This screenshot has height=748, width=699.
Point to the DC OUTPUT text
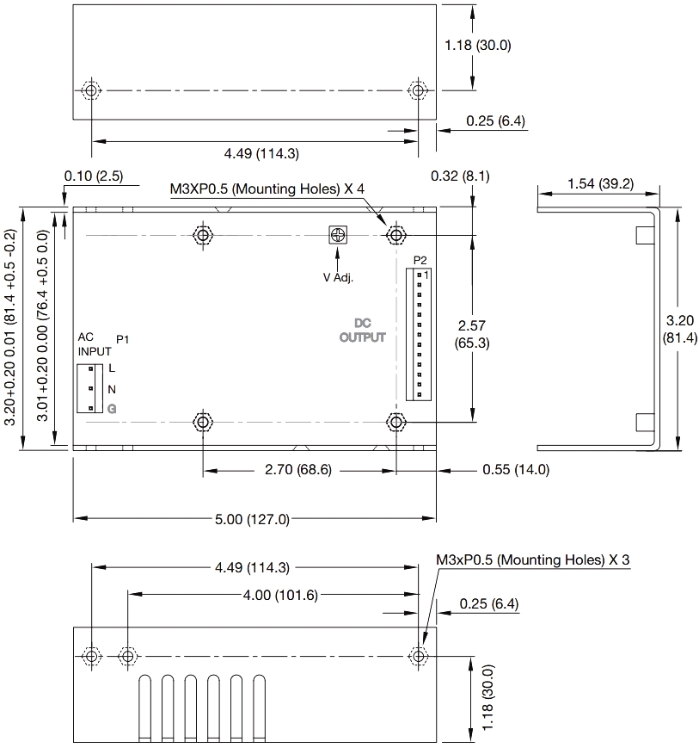tap(362, 331)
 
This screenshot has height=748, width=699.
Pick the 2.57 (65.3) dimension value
tap(473, 334)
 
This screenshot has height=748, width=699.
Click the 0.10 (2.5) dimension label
tap(94, 176)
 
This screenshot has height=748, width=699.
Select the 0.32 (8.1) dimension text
tap(460, 176)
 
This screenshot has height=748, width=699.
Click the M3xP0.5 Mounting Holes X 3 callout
tap(533, 560)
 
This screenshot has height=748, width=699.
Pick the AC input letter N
tap(112, 388)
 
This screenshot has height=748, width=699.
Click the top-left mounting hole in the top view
tap(203, 235)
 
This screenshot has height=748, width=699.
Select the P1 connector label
tap(122, 341)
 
